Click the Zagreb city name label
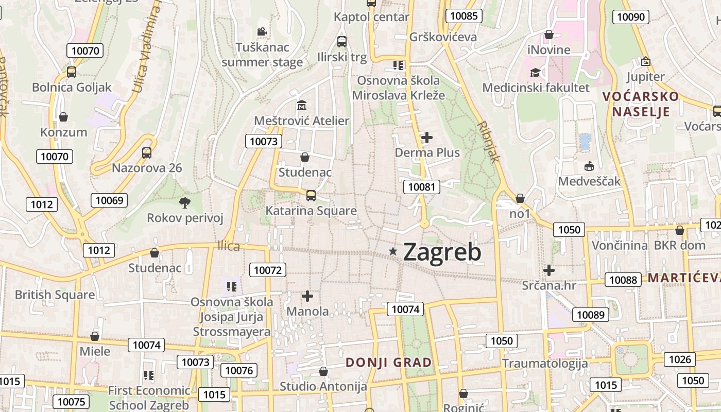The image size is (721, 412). coord(442,252)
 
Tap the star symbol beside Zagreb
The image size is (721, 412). coord(393,251)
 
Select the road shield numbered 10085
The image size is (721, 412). coord(463,16)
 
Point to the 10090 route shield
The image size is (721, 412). coord(630,17)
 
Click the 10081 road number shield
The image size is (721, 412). coord(421,187)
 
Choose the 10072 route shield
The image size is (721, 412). coord(268,269)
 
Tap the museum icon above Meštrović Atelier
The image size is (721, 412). coord(302,106)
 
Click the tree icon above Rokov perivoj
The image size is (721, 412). coord(184,202)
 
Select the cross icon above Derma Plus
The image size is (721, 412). coord(427,138)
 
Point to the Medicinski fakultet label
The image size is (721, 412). coord(536,88)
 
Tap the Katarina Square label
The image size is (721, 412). coord(311,211)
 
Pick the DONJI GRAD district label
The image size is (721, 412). coord(389,362)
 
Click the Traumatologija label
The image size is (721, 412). coord(545,363)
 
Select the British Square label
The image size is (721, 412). coord(55,295)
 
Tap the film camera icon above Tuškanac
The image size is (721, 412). coord(262,32)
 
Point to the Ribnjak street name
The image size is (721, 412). coord(488,142)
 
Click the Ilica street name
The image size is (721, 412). coord(229,246)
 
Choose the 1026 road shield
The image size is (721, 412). coord(679,359)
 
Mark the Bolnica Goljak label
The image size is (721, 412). coord(72,87)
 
